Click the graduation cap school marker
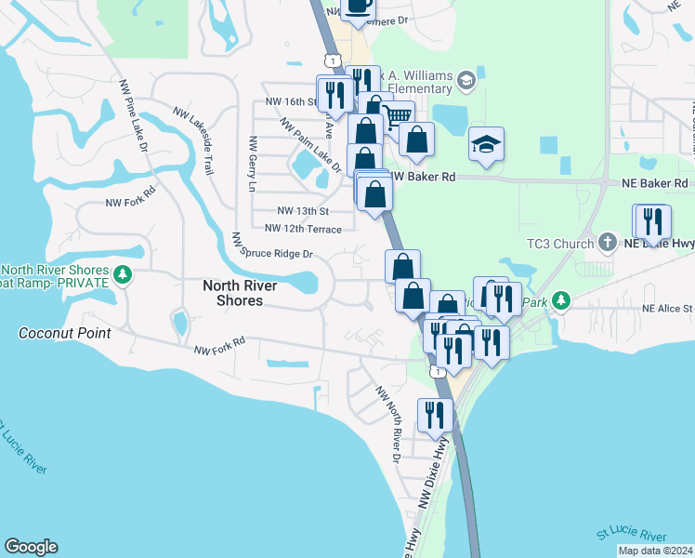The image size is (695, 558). coord(486,143)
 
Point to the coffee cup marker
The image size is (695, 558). coord(358,7)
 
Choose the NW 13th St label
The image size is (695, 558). coord(302,210)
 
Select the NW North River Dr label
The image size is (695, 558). coord(387,424)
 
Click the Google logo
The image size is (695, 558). coord(31,547)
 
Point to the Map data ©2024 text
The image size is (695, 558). coord(655,551)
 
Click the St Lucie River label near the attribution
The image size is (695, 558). coord(632,537)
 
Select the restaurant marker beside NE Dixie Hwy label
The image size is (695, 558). coord(654,221)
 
